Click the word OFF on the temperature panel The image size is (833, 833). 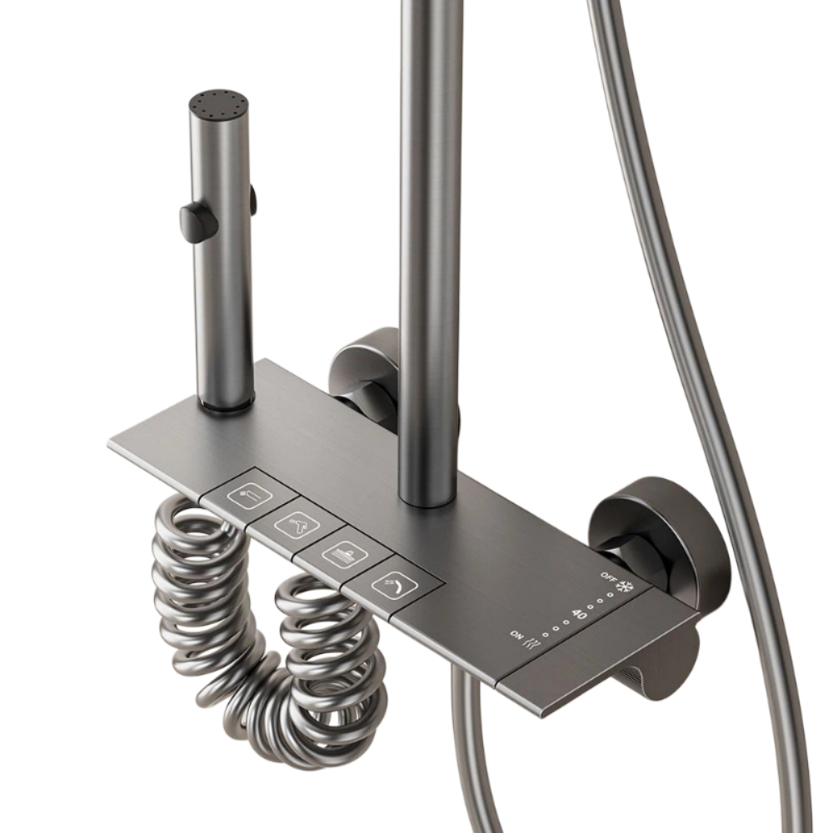click(608, 576)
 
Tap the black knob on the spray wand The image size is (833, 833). click(198, 220)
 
